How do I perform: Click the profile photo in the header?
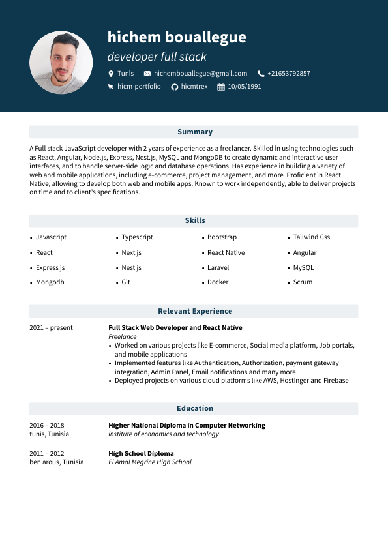(x=61, y=63)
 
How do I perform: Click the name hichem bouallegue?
(x=177, y=37)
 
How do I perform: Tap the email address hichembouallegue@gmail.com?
(x=200, y=74)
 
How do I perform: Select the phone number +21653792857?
(x=288, y=74)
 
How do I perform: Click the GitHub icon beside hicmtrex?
(x=174, y=87)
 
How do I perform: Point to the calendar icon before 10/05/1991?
(x=221, y=87)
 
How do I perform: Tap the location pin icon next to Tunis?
(x=111, y=74)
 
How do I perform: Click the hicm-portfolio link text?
(x=139, y=87)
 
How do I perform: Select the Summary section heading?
(x=194, y=132)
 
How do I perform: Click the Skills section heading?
(x=194, y=220)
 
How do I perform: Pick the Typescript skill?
(x=137, y=237)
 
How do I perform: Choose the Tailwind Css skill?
(x=311, y=237)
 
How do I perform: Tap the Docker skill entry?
(x=218, y=282)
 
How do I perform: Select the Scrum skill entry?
(x=303, y=282)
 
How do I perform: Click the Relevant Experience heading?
(x=194, y=311)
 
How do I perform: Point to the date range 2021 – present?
(x=51, y=328)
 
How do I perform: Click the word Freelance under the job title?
(x=123, y=336)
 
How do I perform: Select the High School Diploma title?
(x=141, y=453)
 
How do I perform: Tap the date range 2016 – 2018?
(x=47, y=425)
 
